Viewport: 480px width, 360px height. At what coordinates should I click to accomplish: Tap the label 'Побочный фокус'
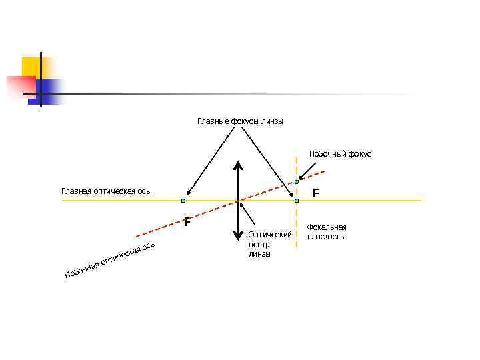pos(340,154)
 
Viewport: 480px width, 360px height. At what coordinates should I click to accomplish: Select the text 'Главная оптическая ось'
pos(105,192)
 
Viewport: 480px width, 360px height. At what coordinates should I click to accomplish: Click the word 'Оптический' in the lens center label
pos(270,235)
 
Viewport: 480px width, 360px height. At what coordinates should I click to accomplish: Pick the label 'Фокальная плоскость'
pos(326,232)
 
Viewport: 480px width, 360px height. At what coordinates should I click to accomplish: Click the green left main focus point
pos(183,200)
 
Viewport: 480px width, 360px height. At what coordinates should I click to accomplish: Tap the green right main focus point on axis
pos(296,200)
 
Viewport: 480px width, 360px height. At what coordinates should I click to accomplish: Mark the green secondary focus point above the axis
pos(297,181)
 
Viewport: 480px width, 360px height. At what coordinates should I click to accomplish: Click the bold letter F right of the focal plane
pos(317,193)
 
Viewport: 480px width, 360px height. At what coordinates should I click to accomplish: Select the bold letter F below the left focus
pos(187,222)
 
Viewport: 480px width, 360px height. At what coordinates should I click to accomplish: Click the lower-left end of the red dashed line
pos(136,236)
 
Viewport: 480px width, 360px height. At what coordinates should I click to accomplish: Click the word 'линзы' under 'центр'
pos(259,254)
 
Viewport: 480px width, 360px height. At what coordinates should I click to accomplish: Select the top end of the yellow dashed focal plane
pos(297,159)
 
